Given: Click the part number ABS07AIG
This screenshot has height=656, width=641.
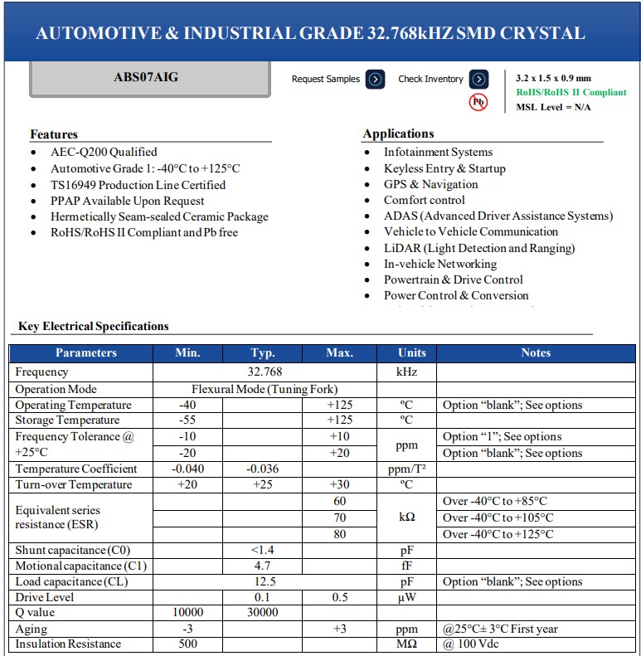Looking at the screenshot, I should pos(145,77).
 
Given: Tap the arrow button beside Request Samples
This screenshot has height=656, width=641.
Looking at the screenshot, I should pos(375,80).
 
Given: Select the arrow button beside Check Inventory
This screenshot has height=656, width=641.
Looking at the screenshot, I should pos(478,80).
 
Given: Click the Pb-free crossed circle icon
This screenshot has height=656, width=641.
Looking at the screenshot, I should pos(478,102).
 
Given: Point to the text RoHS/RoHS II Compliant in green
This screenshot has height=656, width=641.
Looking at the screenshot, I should pos(571,92).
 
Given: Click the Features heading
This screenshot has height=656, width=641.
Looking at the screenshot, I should pos(54,134).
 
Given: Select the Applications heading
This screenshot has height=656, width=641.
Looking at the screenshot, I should pos(398,134).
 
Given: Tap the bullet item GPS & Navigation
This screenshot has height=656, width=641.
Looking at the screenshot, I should pos(430,184).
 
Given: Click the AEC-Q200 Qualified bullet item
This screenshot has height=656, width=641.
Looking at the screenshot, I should pos(104,152).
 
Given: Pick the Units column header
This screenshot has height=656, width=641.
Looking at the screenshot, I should pos(411,352).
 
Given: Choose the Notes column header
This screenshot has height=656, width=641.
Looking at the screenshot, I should pos(536,352).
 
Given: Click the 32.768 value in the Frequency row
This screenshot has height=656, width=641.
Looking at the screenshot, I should pos(265,372).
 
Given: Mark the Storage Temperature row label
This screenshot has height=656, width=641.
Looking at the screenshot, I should pos(67,420).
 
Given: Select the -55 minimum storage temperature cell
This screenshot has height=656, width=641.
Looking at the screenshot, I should pos(188,420).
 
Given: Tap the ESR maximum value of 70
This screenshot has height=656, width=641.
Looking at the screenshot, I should pos(340,518).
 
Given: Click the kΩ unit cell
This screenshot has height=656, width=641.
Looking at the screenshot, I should pos(407,518).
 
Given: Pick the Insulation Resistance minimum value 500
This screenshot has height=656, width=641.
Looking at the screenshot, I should pos(188,644).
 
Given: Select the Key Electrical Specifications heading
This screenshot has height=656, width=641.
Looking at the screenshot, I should pos(94,326).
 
